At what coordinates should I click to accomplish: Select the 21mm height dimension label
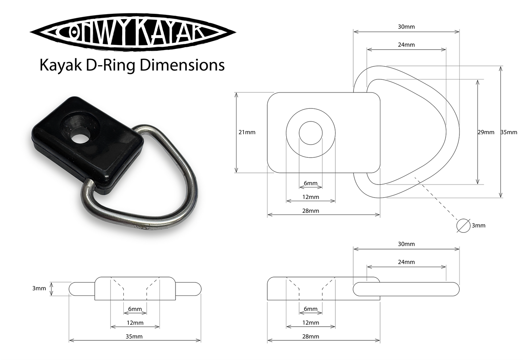click(x=247, y=132)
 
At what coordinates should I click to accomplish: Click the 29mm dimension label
click(x=486, y=132)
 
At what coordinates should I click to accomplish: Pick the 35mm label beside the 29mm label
click(x=509, y=132)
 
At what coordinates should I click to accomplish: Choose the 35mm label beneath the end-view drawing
click(x=134, y=336)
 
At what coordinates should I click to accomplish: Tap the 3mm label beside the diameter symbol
click(x=479, y=225)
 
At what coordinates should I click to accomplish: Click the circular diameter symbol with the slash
click(x=463, y=225)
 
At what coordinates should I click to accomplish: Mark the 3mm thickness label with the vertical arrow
click(x=39, y=289)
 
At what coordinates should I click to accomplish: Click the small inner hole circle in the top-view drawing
click(x=311, y=133)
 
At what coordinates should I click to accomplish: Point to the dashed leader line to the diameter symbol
click(x=437, y=199)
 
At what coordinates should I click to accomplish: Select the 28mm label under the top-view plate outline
click(x=311, y=211)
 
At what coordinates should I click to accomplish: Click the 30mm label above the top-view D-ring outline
click(x=406, y=27)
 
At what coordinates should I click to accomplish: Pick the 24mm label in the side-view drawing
click(x=406, y=262)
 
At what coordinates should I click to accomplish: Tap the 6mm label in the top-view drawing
click(x=311, y=183)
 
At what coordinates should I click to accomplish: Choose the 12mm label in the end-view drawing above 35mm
click(x=135, y=323)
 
